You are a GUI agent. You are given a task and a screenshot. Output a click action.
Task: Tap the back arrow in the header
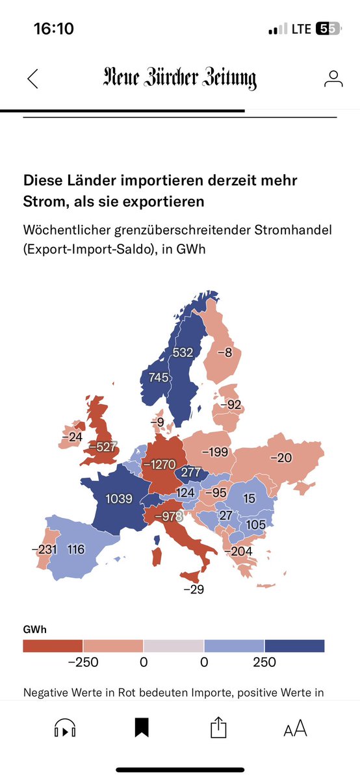(x=32, y=79)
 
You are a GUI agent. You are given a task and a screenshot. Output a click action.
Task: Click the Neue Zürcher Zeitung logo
(x=180, y=79)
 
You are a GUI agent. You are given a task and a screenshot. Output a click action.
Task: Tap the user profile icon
(x=333, y=79)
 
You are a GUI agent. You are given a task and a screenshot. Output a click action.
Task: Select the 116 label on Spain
(x=76, y=550)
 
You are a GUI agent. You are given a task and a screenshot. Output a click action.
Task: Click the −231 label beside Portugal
(x=44, y=550)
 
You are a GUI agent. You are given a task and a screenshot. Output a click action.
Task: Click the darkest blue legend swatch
(x=294, y=645)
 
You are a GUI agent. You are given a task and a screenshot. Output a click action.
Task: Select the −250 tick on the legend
(x=83, y=662)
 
